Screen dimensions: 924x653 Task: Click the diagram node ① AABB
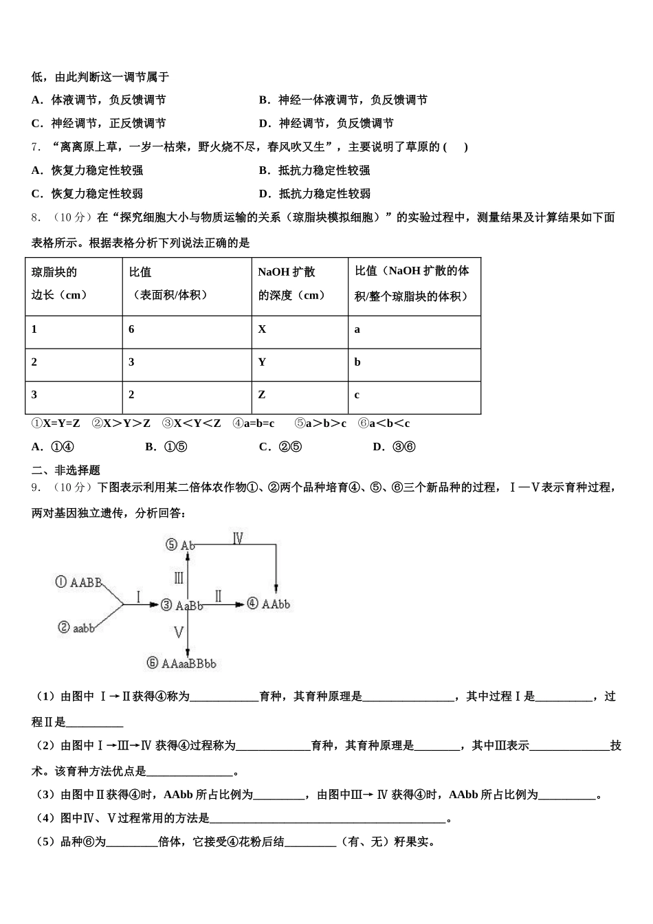[78, 582]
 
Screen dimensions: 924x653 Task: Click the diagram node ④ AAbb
[268, 604]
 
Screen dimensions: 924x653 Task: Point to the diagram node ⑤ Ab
[180, 544]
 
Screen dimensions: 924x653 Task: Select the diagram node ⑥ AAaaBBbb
[181, 663]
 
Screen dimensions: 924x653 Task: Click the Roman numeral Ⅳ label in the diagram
[238, 538]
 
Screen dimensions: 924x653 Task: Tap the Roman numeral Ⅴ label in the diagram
[179, 631]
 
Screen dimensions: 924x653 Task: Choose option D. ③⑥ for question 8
[394, 447]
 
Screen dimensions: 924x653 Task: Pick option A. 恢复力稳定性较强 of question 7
[87, 170]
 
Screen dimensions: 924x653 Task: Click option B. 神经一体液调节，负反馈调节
[343, 100]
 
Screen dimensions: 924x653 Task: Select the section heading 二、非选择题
[66, 470]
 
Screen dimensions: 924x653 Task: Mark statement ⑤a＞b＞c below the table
[320, 423]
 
